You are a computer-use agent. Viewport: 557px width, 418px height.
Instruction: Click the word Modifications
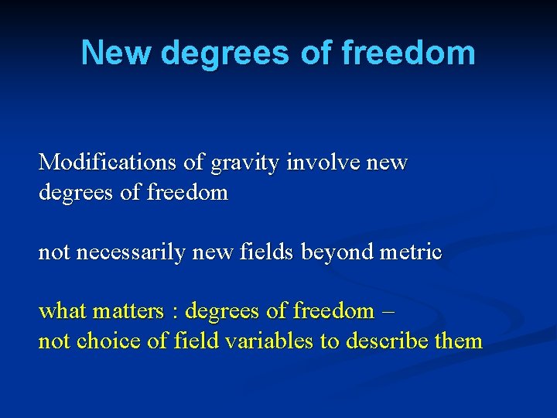[x=108, y=163]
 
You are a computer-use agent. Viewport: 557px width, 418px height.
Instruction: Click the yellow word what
[x=63, y=311]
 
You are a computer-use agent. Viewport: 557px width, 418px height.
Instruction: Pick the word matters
[x=127, y=312]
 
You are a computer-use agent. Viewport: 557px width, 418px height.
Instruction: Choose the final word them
[x=460, y=341]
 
